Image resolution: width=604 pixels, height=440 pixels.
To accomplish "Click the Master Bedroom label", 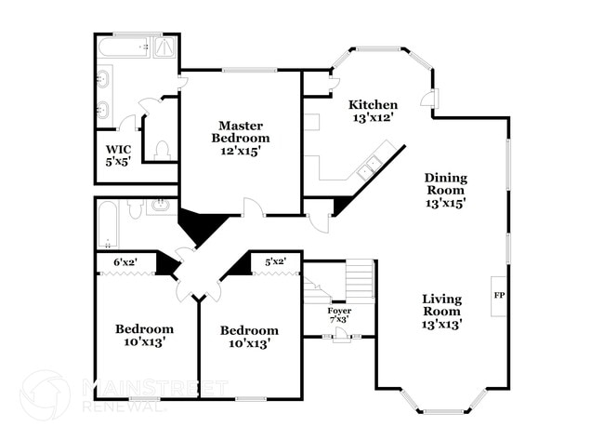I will pyautogui.click(x=240, y=132).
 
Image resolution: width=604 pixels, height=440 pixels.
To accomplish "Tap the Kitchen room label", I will pyautogui.click(x=373, y=105).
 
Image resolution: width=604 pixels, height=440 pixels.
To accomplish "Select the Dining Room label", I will pyautogui.click(x=446, y=184).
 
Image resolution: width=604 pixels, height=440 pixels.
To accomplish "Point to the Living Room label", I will pyautogui.click(x=441, y=305).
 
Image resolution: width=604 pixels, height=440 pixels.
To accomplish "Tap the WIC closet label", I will pyautogui.click(x=118, y=149).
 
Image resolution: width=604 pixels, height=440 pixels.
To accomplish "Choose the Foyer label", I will pyautogui.click(x=339, y=311).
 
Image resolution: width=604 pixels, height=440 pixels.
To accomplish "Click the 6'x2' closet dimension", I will pyautogui.click(x=125, y=262).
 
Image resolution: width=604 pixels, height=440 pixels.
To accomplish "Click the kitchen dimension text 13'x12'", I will pyautogui.click(x=373, y=118).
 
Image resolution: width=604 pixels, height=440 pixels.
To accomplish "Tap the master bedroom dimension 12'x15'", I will pyautogui.click(x=240, y=151).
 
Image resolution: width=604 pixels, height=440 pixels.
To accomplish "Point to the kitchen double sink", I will pyautogui.click(x=369, y=166).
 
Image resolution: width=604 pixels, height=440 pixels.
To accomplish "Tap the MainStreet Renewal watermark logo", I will pyautogui.click(x=45, y=395).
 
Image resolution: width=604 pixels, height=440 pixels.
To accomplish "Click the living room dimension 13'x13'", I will pyautogui.click(x=441, y=324).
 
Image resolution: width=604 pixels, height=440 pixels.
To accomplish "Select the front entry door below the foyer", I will pyautogui.click(x=340, y=337).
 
